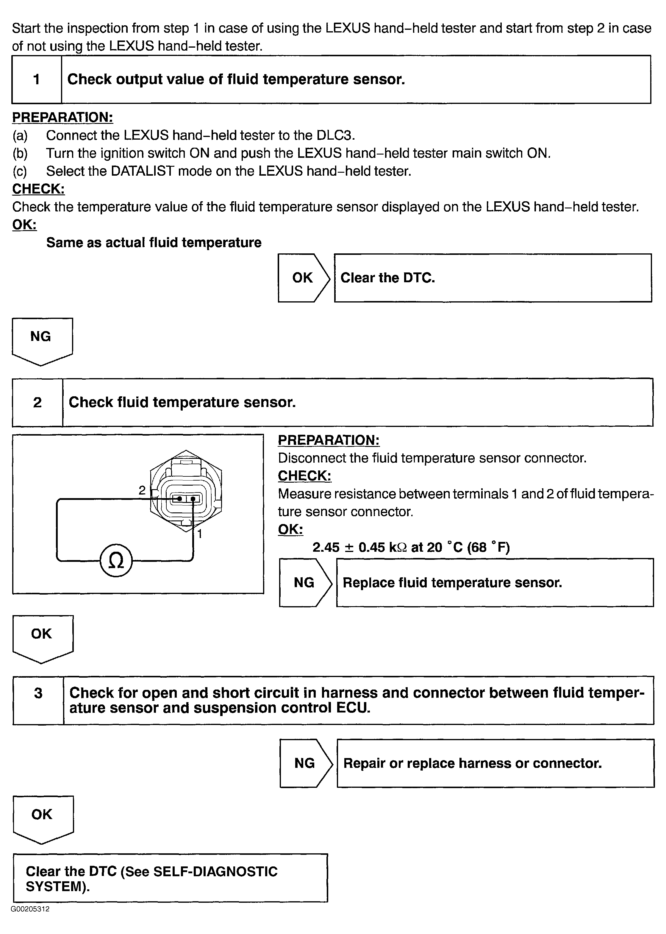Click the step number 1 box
click(37, 79)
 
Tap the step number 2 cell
click(37, 402)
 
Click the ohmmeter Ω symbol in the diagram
click(116, 561)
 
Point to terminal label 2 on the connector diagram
click(142, 490)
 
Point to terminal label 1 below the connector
click(200, 534)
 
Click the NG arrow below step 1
click(42, 340)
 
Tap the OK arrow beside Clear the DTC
click(303, 278)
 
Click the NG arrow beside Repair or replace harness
click(305, 763)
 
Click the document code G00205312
click(30, 909)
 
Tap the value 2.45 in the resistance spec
click(326, 547)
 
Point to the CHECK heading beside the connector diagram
click(304, 476)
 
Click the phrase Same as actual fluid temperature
click(154, 242)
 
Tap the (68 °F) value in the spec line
click(488, 547)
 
